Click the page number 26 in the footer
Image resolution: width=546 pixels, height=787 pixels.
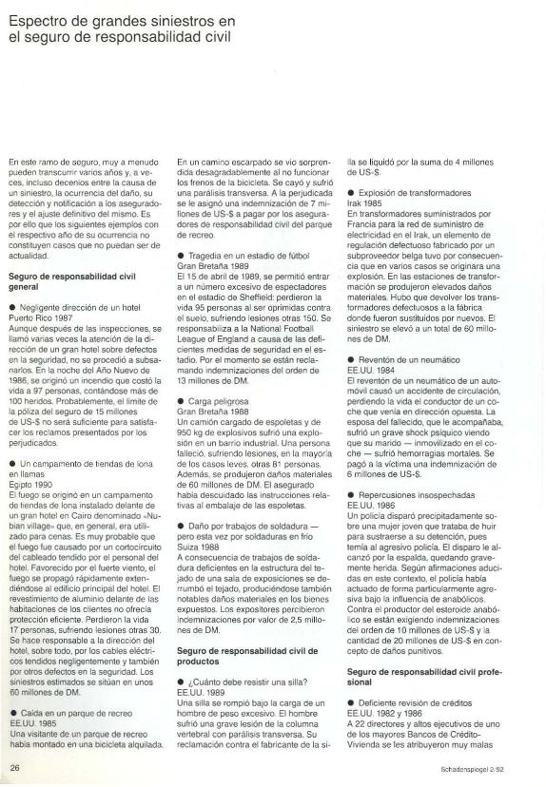coord(15,766)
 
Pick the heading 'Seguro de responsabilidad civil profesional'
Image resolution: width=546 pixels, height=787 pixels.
coord(414,677)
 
